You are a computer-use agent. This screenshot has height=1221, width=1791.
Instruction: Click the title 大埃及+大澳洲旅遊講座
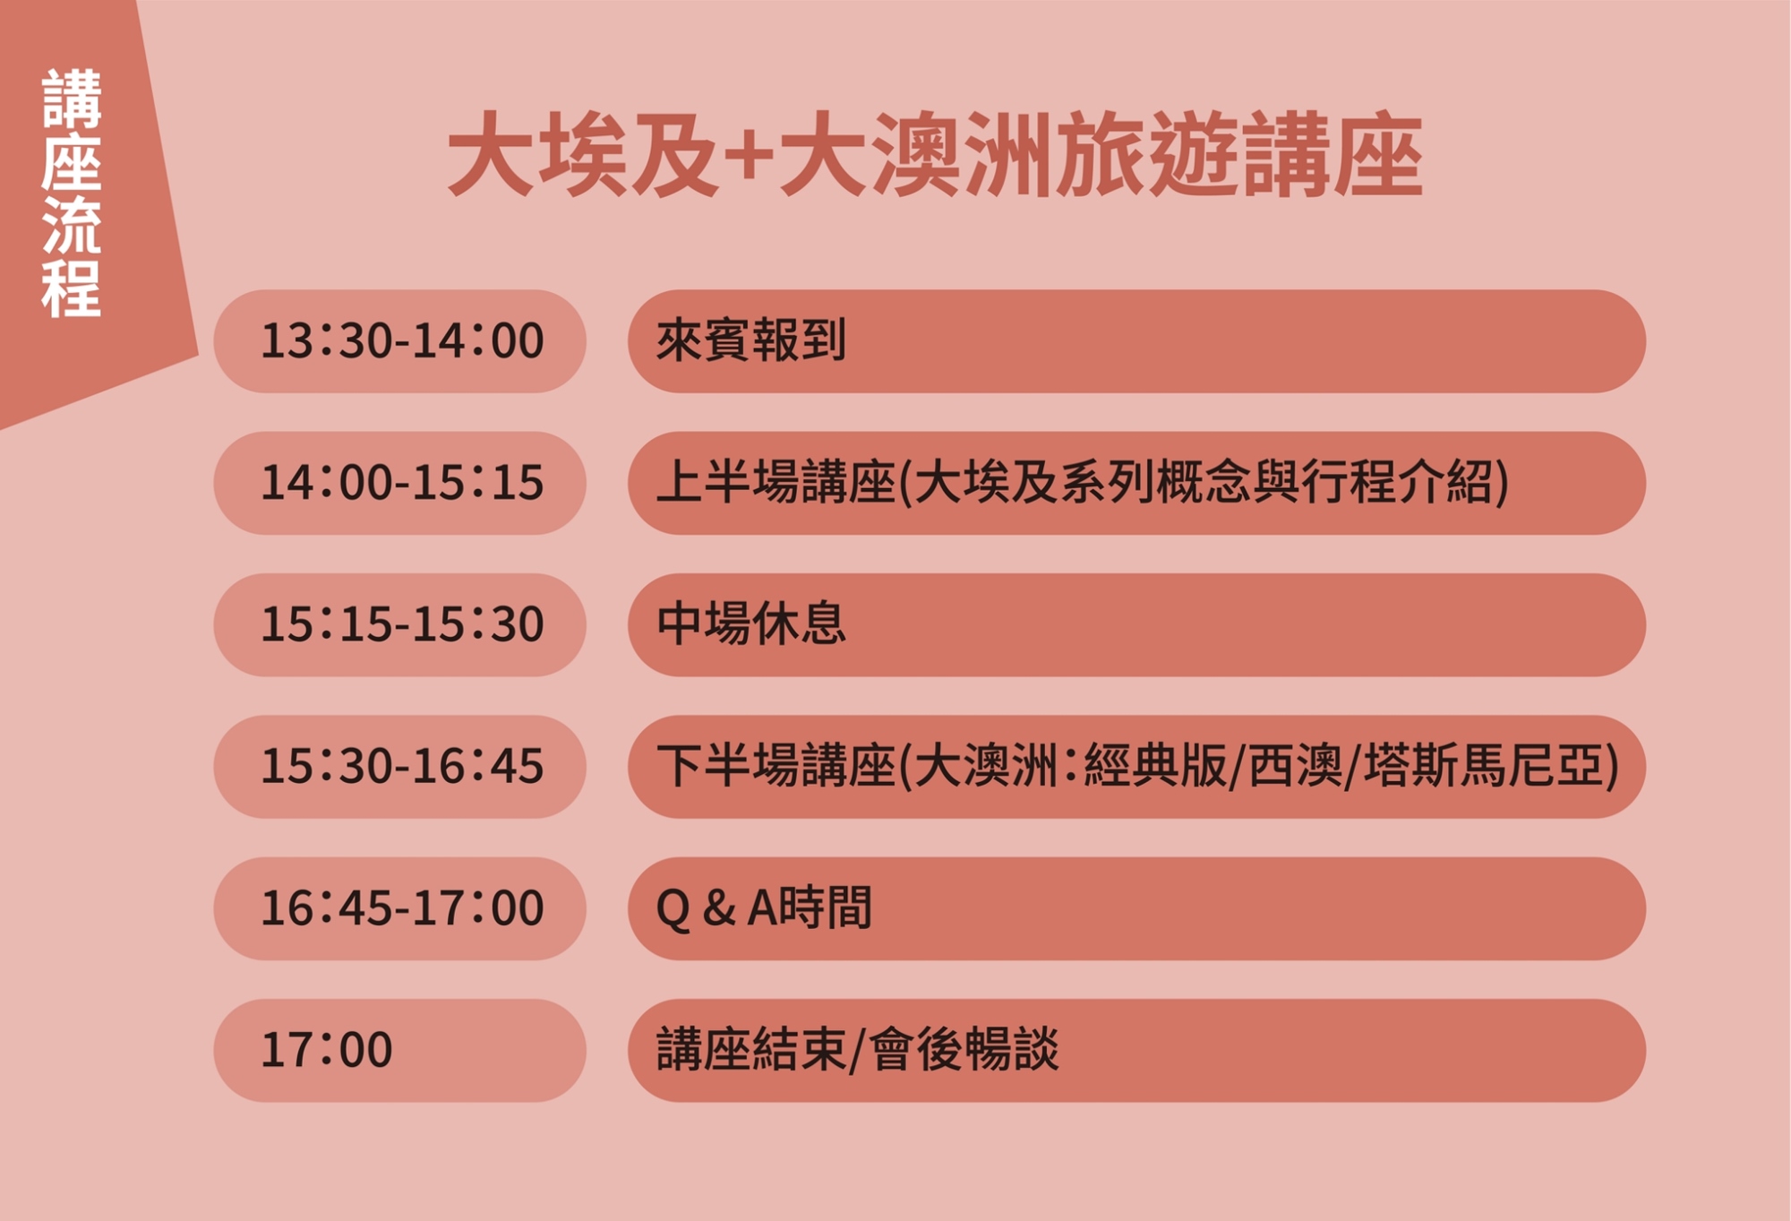[935, 154]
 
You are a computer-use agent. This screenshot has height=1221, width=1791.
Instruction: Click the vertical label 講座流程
[72, 193]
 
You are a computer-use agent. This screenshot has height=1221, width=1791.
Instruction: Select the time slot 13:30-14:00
[402, 341]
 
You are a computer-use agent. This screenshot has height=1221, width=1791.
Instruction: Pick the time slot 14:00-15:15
[402, 483]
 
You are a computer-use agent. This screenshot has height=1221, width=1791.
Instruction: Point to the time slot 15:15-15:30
[402, 624]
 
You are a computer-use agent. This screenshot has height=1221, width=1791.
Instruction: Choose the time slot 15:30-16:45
[402, 767]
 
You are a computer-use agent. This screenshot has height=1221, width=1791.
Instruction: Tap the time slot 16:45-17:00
[402, 908]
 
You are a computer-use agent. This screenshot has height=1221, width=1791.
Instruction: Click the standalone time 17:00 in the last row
[327, 1050]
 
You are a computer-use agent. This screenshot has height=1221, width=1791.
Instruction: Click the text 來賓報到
[751, 340]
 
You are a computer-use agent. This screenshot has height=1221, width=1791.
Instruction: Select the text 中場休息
[751, 623]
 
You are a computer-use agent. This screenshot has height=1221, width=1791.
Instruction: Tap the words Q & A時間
[764, 907]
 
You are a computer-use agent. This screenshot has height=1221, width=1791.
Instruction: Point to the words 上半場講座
[776, 482]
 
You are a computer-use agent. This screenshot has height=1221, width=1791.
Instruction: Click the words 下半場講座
[776, 766]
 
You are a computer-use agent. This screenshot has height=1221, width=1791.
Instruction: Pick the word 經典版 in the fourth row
[1155, 766]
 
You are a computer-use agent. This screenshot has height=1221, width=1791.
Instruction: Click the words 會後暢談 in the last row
[964, 1049]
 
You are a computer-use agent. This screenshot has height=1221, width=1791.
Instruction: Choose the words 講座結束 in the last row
[751, 1049]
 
